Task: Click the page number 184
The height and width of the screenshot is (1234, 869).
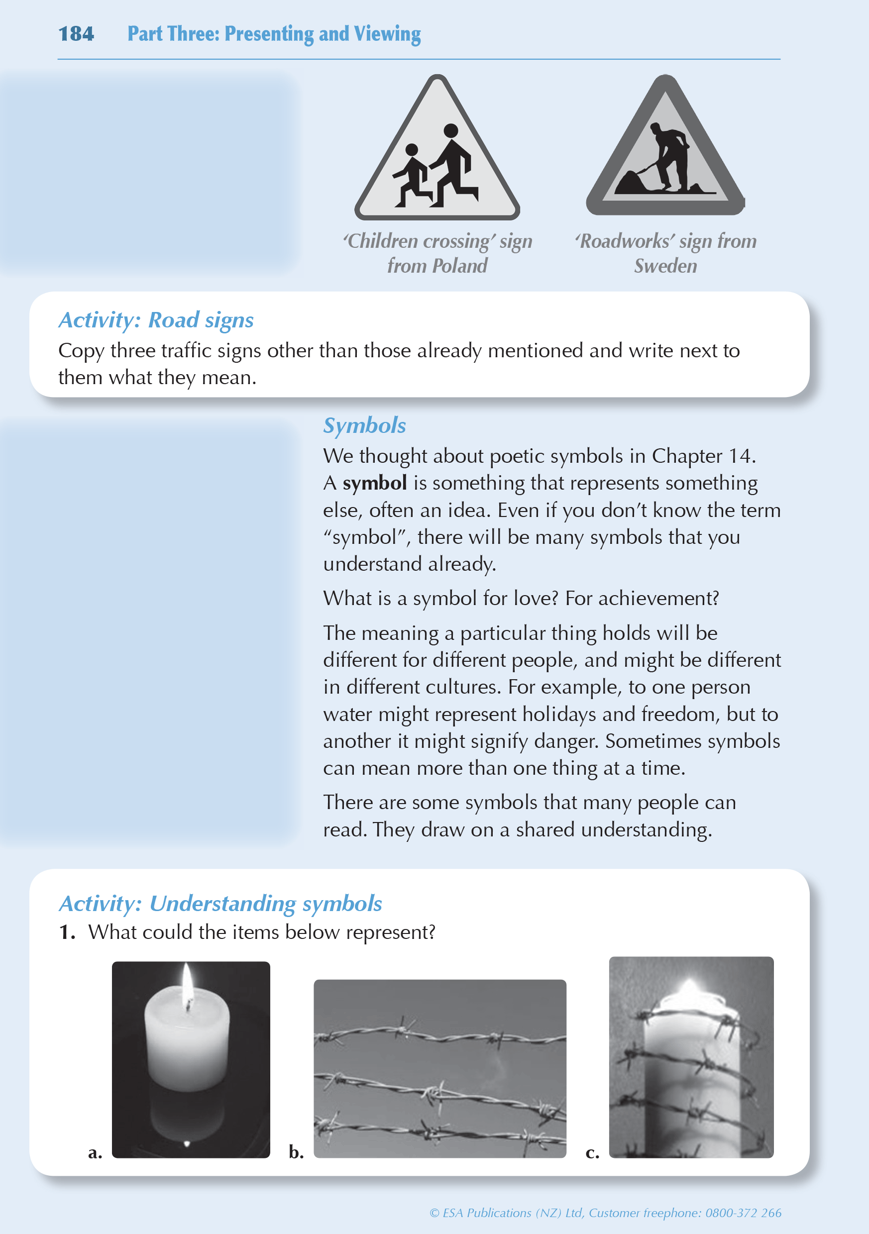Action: coord(76,34)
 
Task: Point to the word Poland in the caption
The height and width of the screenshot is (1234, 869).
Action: coord(460,266)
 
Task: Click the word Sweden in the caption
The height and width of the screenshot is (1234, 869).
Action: coord(665,266)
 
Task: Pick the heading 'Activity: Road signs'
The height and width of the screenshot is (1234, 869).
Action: coord(156,320)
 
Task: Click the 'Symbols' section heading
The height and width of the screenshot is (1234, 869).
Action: coord(364,425)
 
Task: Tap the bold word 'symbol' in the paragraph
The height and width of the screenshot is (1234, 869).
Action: coord(374,483)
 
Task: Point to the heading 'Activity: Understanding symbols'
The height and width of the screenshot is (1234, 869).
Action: coord(220,904)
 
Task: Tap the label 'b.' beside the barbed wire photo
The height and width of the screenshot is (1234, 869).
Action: coord(296,1152)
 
